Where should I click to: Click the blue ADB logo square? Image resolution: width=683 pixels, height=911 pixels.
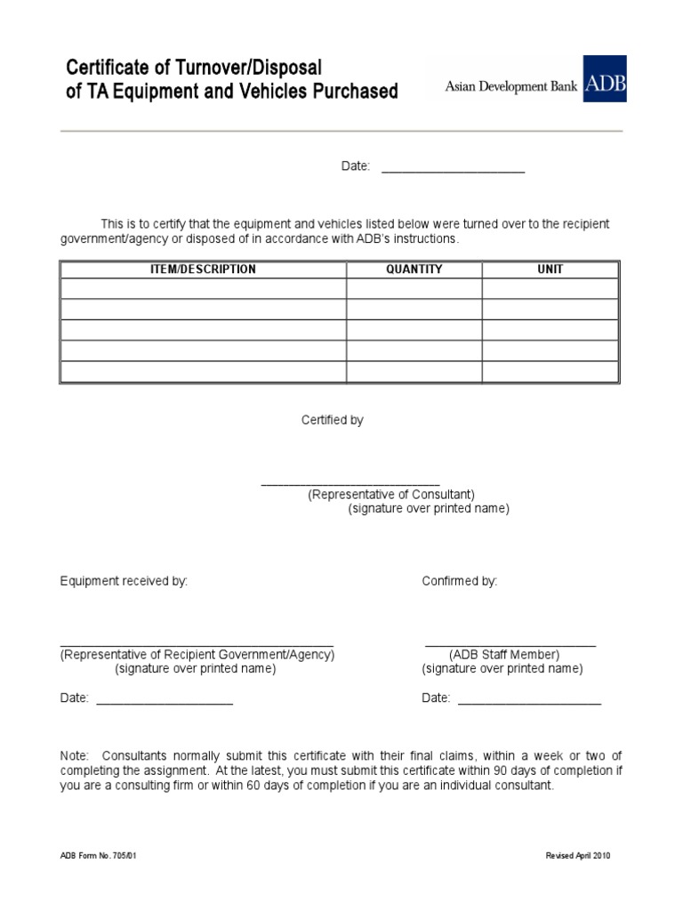604,78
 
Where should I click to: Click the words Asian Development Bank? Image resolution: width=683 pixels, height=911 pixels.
511,86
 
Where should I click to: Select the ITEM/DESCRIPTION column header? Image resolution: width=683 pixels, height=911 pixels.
203,270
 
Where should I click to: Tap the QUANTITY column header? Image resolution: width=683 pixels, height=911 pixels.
414,270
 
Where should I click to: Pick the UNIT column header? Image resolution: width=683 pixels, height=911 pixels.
550,270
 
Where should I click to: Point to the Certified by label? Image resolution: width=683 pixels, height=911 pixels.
332,420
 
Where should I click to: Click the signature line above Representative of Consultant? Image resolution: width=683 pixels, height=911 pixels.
350,482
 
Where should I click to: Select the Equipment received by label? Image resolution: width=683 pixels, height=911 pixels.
124,581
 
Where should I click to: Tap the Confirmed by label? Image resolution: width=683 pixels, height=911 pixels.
459,581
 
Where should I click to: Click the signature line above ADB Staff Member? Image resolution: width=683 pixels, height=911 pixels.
510,643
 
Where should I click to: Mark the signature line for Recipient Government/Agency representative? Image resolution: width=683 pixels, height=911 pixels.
197,643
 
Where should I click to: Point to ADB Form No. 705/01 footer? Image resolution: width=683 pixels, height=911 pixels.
98,856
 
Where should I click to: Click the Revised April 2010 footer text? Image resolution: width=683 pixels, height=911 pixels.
578,856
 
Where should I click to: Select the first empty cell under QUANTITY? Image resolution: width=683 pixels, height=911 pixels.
414,289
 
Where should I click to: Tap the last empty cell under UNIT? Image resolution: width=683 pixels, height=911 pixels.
550,372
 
